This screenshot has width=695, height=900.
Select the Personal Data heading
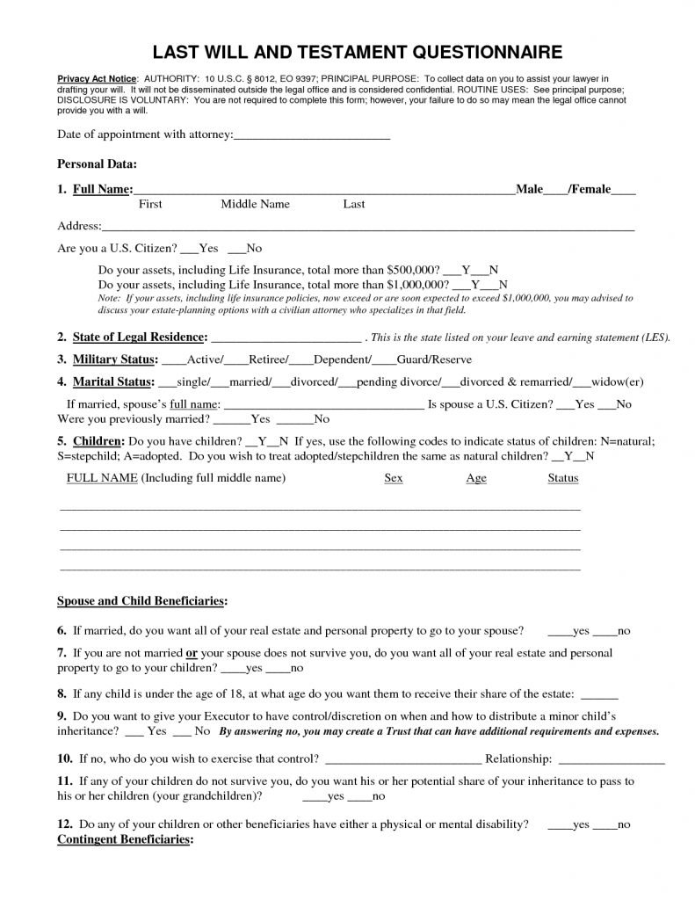[97, 163]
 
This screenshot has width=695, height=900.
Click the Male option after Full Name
[530, 189]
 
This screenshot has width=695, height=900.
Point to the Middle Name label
[255, 204]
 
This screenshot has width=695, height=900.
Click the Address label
[78, 226]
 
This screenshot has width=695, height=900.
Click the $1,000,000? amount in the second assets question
[417, 285]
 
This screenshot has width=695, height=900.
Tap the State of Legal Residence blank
[286, 337]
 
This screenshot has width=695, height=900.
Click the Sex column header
[394, 478]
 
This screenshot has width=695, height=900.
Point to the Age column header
[476, 478]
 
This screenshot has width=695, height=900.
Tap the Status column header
[563, 478]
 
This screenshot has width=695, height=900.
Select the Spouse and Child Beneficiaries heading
[141, 601]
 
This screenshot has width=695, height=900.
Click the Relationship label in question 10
[518, 758]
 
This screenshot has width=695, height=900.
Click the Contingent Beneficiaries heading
[124, 839]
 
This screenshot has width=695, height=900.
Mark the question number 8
[62, 692]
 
